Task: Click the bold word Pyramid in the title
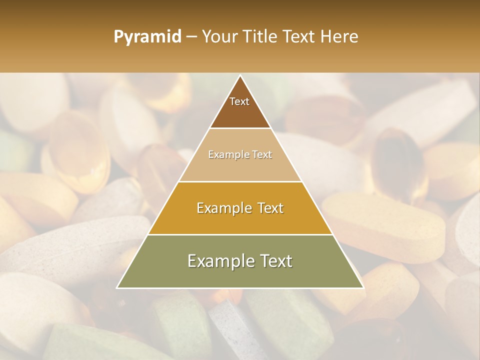(147, 37)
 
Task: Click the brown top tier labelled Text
(240, 107)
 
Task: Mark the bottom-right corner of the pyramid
(363, 287)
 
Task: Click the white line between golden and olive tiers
(240, 234)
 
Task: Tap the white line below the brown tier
(240, 128)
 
